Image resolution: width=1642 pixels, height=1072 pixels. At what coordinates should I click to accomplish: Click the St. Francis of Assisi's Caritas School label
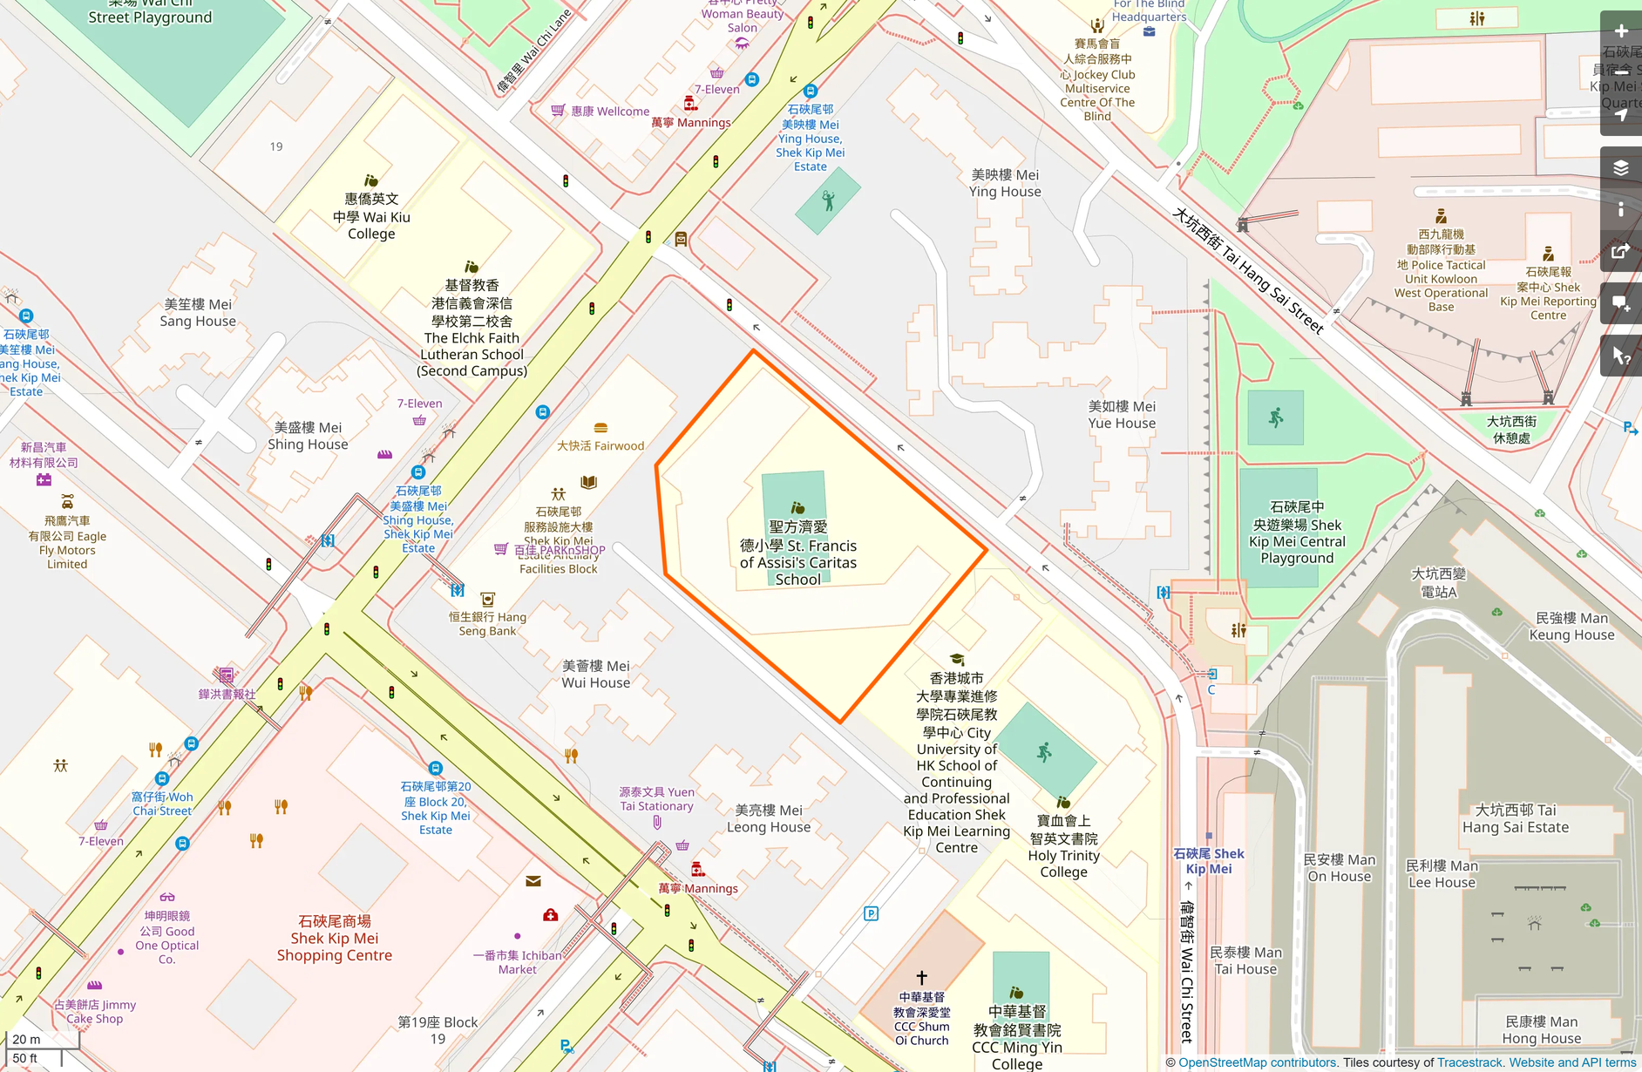797,553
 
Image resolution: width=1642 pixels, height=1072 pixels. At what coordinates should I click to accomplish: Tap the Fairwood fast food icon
600,428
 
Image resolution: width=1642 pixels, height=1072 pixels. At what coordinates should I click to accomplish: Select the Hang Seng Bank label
488,623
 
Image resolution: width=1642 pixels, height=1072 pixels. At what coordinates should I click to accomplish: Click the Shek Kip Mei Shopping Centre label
335,938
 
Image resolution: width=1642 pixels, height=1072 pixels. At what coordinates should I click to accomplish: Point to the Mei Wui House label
595,674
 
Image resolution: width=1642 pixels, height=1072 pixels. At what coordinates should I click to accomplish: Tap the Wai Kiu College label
371,216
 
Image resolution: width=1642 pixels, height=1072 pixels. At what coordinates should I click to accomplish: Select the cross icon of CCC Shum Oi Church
921,977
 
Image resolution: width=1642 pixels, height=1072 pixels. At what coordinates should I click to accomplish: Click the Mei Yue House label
1122,415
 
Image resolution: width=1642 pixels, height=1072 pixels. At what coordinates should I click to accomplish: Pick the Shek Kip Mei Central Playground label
1297,533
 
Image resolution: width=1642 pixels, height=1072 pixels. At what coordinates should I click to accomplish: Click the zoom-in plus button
1621,31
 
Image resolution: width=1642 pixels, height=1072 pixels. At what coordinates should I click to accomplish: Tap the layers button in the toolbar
1621,168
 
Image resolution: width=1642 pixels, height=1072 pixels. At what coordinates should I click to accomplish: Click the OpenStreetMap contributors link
1257,1062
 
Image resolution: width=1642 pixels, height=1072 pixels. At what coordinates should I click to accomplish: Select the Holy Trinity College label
1063,846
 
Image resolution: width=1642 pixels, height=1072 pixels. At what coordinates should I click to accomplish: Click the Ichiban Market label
518,961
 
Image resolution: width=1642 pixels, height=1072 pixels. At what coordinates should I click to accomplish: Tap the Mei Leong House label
768,818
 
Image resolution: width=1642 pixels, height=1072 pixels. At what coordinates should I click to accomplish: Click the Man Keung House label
1571,626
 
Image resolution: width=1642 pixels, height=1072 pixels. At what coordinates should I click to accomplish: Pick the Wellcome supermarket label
610,112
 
